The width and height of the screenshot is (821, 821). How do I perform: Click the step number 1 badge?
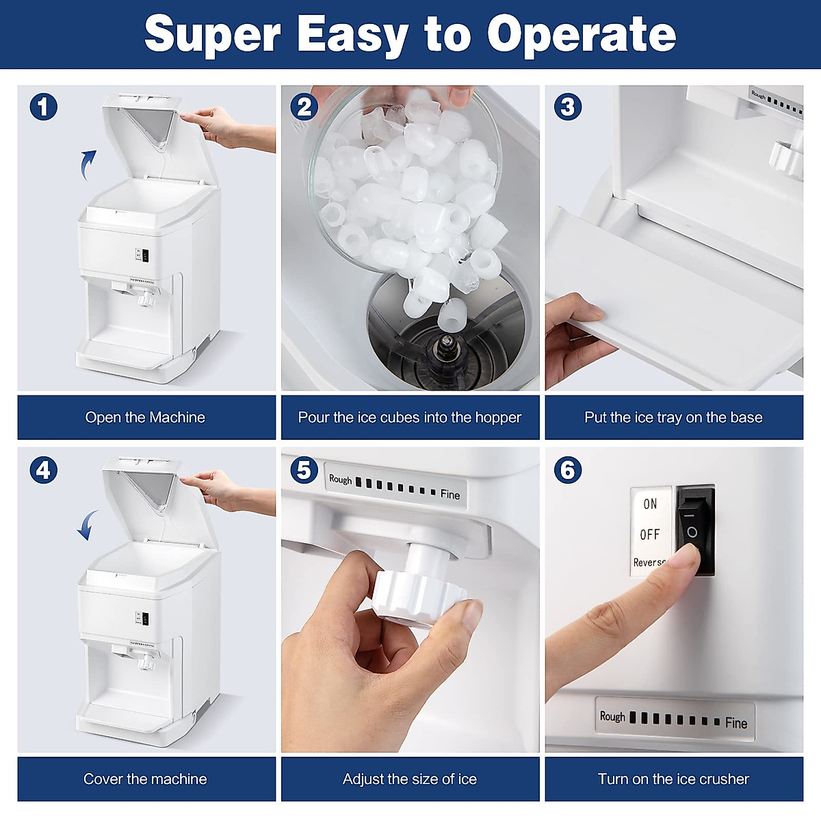[x=43, y=107]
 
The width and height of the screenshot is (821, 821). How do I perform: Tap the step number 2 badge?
[x=304, y=107]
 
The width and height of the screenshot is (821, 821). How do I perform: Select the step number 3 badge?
[x=568, y=107]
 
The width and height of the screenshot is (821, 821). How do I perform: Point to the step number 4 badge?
[x=43, y=470]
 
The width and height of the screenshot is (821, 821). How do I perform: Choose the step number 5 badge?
[x=304, y=470]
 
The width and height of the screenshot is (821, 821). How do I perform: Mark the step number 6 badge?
[x=568, y=470]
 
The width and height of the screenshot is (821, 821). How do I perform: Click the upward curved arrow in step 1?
[x=88, y=164]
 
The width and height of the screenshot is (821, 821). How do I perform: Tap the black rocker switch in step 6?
[x=695, y=530]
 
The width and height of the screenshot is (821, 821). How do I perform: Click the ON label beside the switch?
[x=650, y=504]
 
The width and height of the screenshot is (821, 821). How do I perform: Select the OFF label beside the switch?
[x=650, y=534]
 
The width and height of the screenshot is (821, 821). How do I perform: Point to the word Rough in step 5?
[x=340, y=480]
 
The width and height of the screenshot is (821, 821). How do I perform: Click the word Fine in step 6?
[x=736, y=723]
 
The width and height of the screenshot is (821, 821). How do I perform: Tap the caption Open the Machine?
[x=145, y=417]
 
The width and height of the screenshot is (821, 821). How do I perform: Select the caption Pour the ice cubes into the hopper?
[x=410, y=417]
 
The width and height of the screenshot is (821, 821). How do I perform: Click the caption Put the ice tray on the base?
[x=673, y=417]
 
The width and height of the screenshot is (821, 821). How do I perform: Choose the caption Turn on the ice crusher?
[x=673, y=779]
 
